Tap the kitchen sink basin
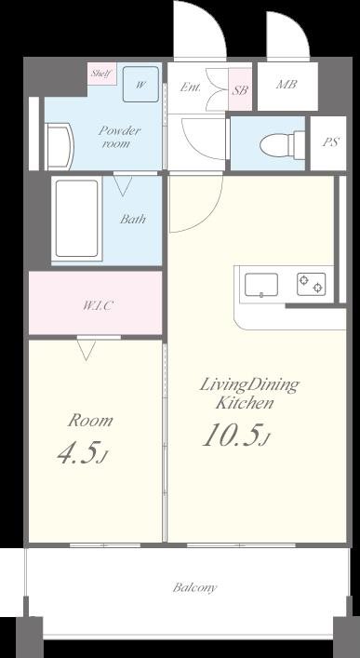coord(261,285)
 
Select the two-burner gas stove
coord(312,284)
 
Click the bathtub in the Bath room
coord(77,218)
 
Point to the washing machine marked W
coord(140,84)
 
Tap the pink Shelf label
coord(101,74)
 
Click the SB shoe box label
coord(240,89)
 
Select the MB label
coord(287,84)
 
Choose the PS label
coord(330,141)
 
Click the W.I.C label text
coord(97,305)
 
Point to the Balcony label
coord(194,587)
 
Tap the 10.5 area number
coord(235,435)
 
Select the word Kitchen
coord(245,402)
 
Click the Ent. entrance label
coord(190,87)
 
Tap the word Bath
coord(133,219)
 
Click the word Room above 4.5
coord(90,421)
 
